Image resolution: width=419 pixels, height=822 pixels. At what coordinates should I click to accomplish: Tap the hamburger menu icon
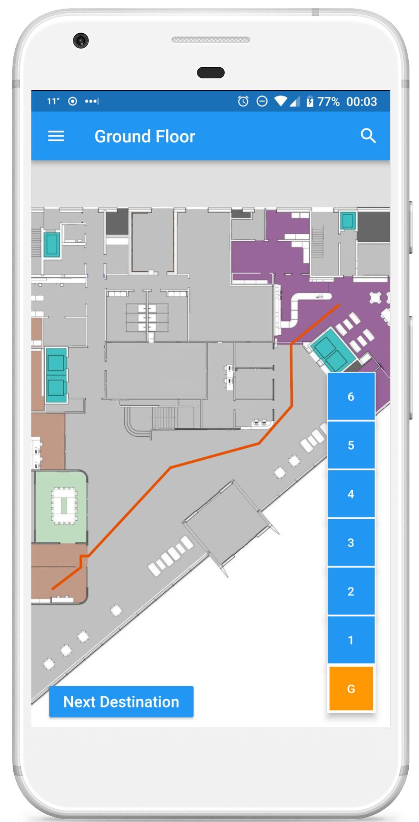click(56, 136)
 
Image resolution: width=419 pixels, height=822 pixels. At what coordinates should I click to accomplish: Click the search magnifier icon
click(368, 135)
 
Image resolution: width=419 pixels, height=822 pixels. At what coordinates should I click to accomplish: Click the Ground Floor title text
click(145, 136)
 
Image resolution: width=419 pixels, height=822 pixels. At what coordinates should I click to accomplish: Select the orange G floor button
click(351, 688)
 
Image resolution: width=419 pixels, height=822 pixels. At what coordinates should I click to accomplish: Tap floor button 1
click(351, 639)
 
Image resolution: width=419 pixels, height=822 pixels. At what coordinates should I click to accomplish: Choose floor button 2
click(351, 591)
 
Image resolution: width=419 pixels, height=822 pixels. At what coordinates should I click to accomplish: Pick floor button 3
click(351, 542)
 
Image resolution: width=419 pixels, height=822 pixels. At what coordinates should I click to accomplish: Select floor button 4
click(351, 494)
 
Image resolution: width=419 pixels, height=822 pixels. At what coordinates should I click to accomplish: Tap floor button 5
click(351, 445)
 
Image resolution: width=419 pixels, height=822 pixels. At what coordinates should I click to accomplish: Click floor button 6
click(351, 396)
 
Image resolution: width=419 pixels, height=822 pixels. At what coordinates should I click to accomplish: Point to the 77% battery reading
click(328, 101)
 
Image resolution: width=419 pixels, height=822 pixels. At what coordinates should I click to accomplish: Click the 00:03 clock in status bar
click(362, 101)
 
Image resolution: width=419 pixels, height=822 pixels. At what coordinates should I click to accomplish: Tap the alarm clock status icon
click(243, 101)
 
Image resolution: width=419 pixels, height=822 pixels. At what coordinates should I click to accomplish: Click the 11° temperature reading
click(53, 101)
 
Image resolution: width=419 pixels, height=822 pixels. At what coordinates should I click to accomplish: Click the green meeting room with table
click(61, 506)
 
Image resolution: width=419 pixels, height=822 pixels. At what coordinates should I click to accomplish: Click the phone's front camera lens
click(81, 41)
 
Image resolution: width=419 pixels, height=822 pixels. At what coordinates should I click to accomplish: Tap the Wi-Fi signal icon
click(281, 101)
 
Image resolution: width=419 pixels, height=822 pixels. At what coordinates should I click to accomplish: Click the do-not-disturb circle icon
click(262, 101)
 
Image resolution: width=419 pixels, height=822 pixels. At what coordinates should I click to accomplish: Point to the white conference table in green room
click(64, 505)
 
